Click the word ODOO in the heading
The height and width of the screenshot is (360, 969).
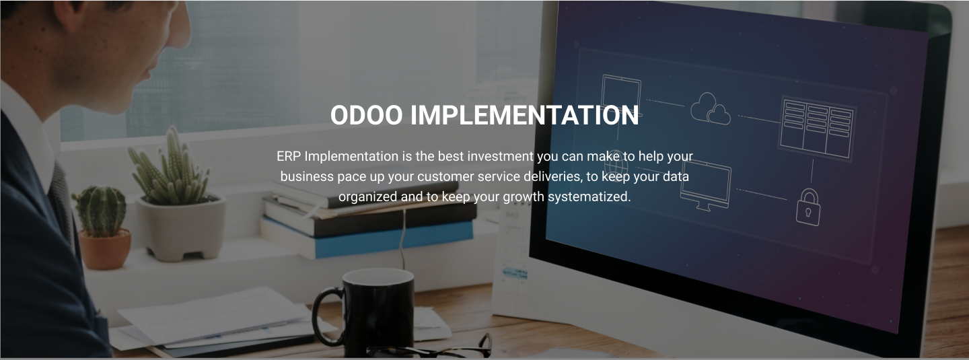tap(366, 115)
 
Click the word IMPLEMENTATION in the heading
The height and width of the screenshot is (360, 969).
tap(524, 115)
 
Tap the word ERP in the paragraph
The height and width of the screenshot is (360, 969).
tap(289, 156)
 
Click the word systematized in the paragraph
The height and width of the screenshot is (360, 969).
tap(589, 197)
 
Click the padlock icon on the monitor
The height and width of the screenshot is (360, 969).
tap(808, 207)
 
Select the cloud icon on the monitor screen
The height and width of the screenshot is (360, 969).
tap(711, 108)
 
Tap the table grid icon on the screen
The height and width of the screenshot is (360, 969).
tap(816, 127)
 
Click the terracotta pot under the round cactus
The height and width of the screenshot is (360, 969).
tap(104, 249)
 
